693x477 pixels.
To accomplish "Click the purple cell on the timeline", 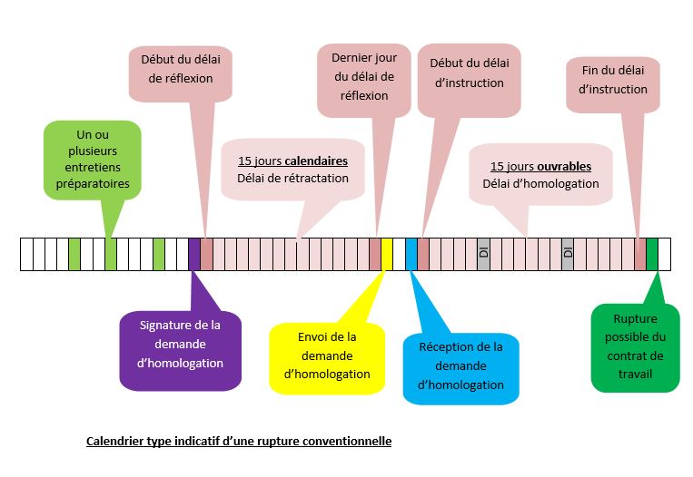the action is pos(194,254).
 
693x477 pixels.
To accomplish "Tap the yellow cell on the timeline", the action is pos(387,254).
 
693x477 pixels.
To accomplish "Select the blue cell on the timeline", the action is pos(411,254).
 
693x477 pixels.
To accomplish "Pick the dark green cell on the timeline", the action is pos(652,254).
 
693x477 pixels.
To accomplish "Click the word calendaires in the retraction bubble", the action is pos(316,161).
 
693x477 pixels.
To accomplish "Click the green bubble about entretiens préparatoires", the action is pos(93,160).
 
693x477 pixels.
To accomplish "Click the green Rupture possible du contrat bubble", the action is pos(635,347).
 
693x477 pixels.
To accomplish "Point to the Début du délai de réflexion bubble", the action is pos(181,74).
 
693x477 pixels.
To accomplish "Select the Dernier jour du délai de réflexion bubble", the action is pos(364,81).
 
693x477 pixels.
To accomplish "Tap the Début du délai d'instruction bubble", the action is pos(470,81).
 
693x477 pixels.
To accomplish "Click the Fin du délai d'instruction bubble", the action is pos(613,84).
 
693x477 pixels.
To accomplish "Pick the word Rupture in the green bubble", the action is pos(635,318).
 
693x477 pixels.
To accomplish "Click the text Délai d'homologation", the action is pos(540,184).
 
